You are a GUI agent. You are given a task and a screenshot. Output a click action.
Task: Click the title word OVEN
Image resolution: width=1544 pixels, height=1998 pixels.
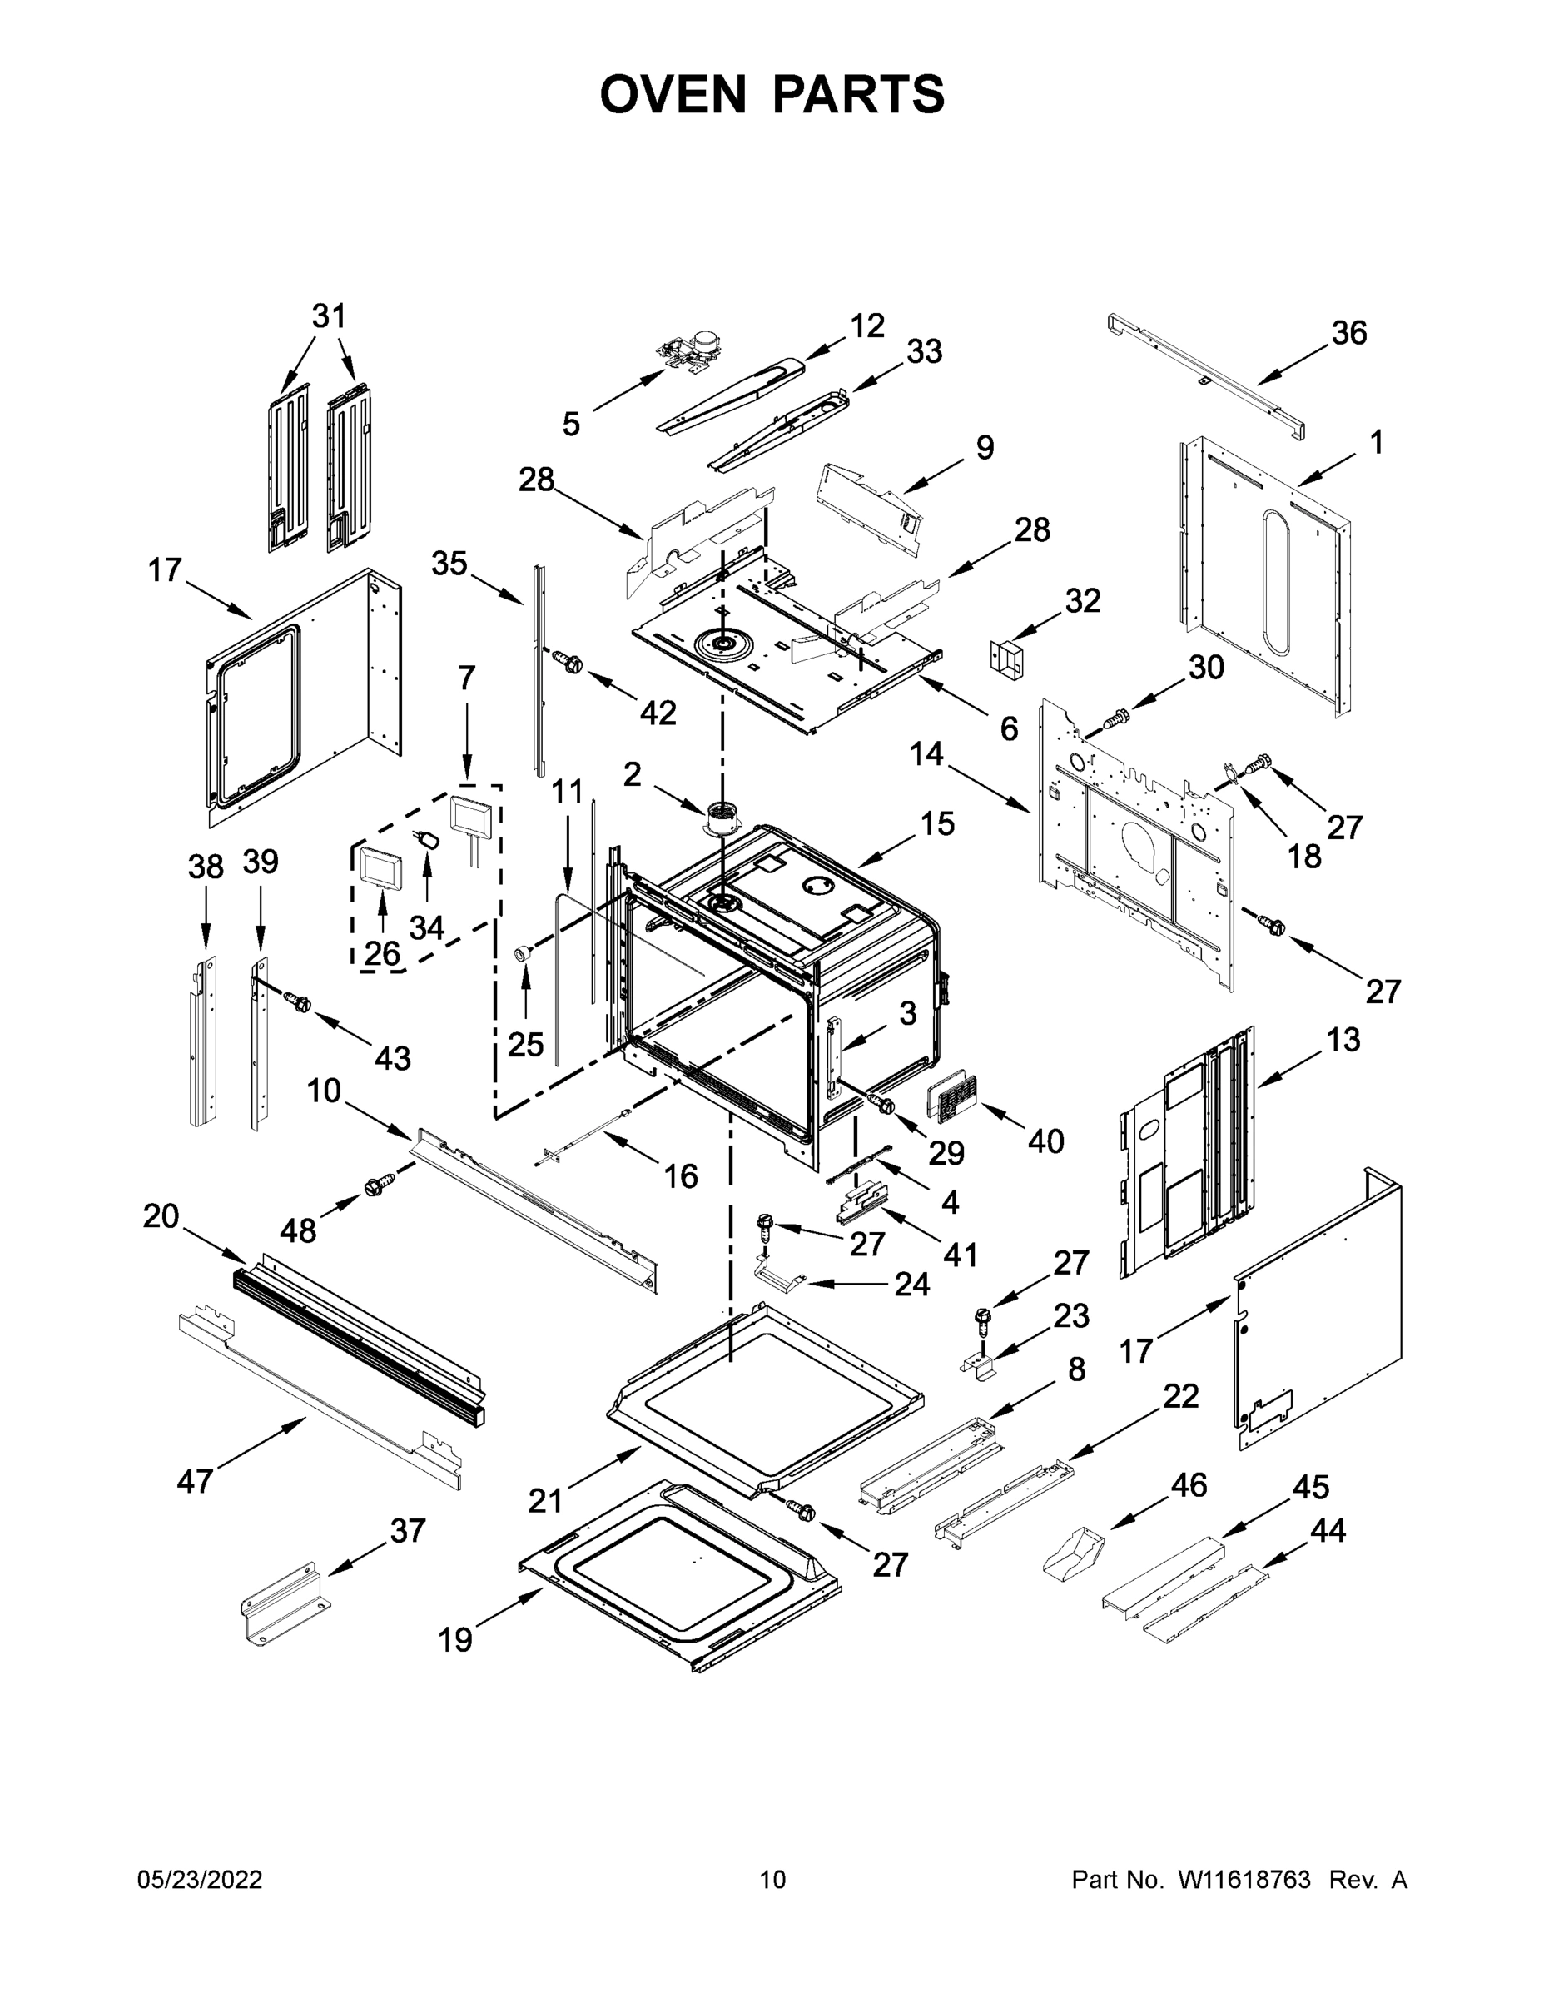(673, 94)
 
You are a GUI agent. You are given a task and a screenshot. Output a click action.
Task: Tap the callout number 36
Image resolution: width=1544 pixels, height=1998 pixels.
(1349, 333)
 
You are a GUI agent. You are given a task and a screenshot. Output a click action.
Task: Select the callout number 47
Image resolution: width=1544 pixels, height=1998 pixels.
(195, 1480)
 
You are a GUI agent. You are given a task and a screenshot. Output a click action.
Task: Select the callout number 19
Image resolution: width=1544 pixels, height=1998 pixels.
(454, 1640)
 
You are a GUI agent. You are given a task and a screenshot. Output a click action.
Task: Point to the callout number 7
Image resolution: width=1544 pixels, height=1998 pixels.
(466, 678)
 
